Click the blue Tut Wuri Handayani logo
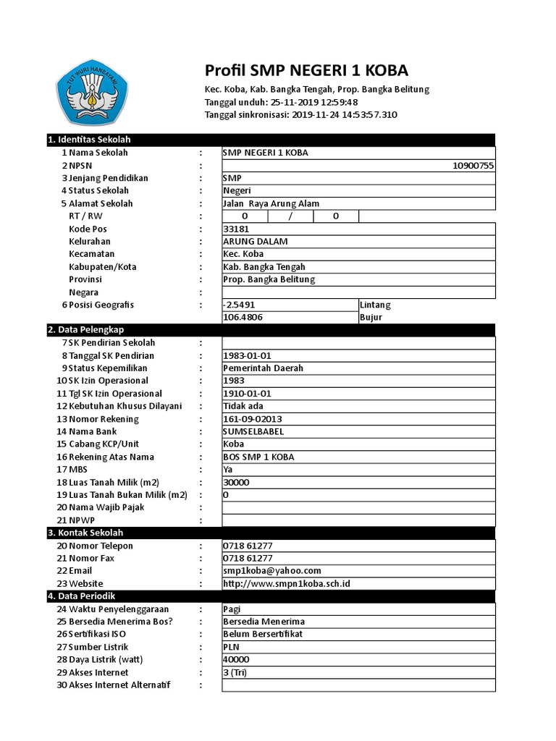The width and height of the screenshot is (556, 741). (x=92, y=90)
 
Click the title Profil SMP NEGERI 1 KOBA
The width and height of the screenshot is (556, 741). (x=306, y=70)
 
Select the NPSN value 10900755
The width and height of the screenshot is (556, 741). (x=473, y=166)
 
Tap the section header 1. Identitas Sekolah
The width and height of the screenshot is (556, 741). (x=88, y=140)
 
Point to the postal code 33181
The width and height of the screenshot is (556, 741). (x=237, y=229)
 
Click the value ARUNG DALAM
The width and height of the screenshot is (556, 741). (x=255, y=242)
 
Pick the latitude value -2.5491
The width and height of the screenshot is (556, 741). (x=240, y=305)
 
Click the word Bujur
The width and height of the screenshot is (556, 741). (x=370, y=318)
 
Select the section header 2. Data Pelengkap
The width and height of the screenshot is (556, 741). (x=87, y=330)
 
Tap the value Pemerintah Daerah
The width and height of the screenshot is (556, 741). (x=264, y=368)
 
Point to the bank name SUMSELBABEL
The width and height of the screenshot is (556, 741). (x=254, y=431)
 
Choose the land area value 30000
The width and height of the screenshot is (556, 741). (x=237, y=482)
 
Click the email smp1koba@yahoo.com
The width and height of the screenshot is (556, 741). (x=272, y=571)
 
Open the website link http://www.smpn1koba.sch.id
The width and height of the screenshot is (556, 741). (x=287, y=583)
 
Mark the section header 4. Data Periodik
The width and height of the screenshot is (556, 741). (x=81, y=596)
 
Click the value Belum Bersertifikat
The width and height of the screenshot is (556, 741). (x=263, y=635)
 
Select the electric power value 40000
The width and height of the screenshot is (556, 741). (x=237, y=660)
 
